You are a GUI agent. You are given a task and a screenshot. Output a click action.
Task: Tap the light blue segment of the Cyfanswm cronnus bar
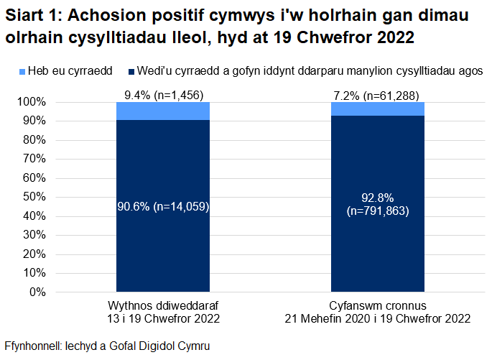[377, 109]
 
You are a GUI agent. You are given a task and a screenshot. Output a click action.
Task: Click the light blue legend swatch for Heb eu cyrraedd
[22, 72]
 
